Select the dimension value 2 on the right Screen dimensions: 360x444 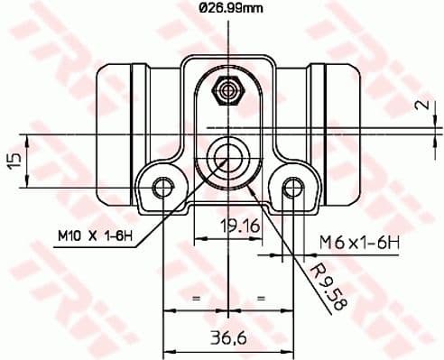pos(421,104)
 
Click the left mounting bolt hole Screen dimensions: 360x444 pos(163,188)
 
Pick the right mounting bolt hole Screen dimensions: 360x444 pos(291,188)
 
